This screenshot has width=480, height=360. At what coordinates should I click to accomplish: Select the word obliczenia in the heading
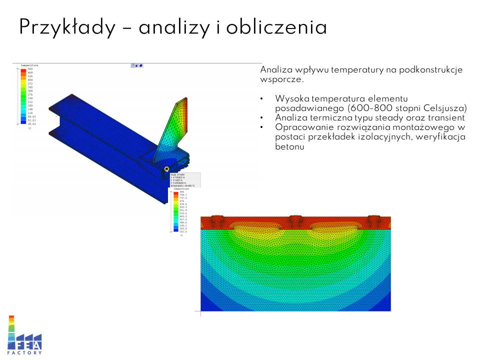(x=276, y=27)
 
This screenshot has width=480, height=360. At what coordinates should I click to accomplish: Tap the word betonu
(x=289, y=147)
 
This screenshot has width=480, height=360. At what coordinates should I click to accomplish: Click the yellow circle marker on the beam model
(x=166, y=169)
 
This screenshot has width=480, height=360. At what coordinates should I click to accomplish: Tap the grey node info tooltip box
(x=185, y=179)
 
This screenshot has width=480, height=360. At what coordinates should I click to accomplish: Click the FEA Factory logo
(x=24, y=335)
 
